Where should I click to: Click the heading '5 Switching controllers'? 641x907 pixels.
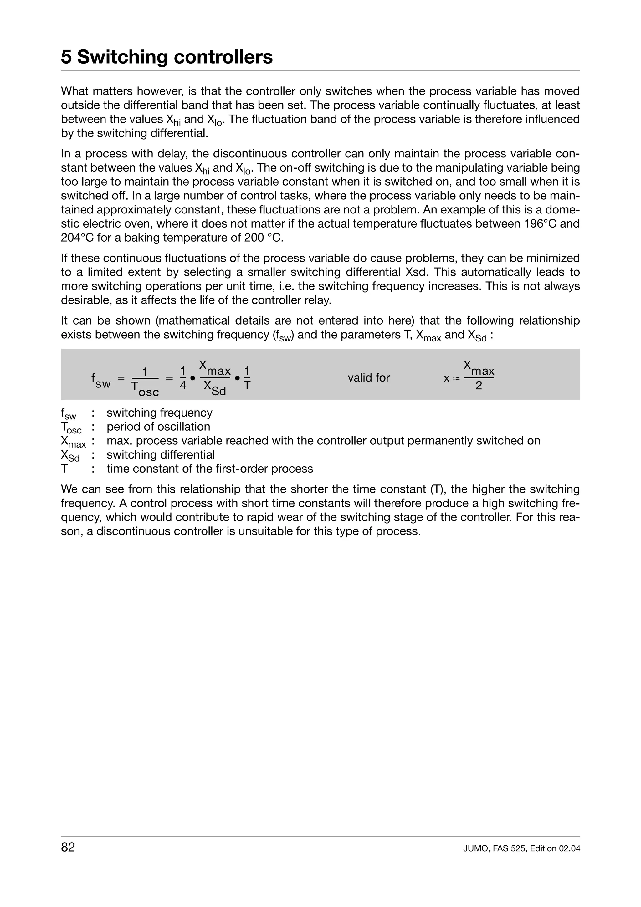tap(167, 57)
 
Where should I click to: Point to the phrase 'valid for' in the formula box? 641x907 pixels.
tap(368, 378)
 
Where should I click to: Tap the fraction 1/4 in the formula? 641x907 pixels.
tap(182, 378)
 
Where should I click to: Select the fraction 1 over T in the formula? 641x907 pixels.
tap(247, 378)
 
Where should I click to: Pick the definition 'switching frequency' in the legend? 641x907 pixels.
tap(160, 413)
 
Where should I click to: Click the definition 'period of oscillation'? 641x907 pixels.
tap(158, 427)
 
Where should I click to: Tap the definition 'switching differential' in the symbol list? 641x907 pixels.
tap(161, 455)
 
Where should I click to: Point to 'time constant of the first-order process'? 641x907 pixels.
tap(210, 469)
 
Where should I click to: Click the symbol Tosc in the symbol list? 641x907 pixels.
tap(71, 428)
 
